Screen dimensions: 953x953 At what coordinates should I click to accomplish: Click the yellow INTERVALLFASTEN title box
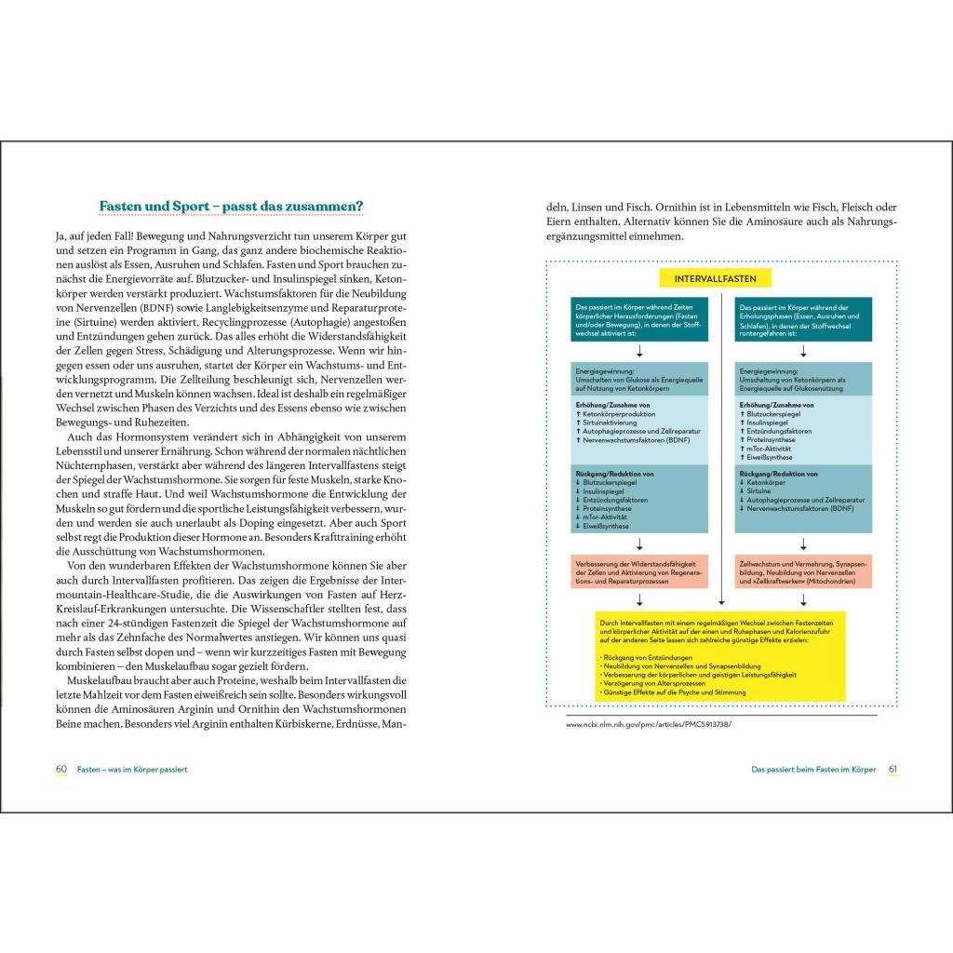pyautogui.click(x=721, y=278)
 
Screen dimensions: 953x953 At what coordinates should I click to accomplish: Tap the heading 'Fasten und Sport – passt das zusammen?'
pyautogui.click(x=232, y=206)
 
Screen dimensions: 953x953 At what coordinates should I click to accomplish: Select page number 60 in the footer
pyautogui.click(x=61, y=769)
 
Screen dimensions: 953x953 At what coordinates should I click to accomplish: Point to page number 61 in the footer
pyautogui.click(x=892, y=769)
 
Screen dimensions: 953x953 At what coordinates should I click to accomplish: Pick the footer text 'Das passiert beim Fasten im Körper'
pyautogui.click(x=813, y=769)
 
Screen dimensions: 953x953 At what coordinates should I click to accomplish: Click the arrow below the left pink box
pyautogui.click(x=638, y=599)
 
